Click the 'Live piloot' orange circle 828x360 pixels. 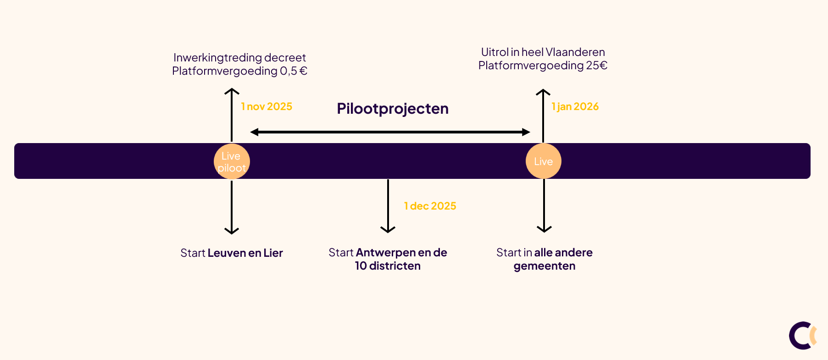[232, 161]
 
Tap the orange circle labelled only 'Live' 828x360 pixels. [543, 161]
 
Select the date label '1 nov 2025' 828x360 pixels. [267, 106]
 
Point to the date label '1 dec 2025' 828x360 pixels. [430, 206]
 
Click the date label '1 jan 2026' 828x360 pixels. [575, 106]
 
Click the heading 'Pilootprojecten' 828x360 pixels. [393, 109]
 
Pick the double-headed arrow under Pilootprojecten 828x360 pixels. [390, 132]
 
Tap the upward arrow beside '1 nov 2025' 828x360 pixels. [232, 115]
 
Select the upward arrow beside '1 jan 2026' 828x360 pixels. [543, 115]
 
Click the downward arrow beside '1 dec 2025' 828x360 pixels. [388, 206]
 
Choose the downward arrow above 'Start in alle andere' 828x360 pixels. [544, 206]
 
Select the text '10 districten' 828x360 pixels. [388, 266]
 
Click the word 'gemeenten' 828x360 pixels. [545, 266]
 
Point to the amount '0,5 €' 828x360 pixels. [294, 71]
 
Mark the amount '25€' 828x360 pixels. [596, 66]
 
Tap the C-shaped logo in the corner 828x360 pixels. [802, 335]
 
